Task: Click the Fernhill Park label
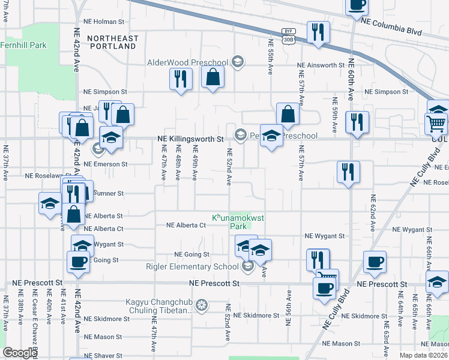(x=23, y=45)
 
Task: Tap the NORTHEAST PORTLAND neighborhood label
(x=112, y=42)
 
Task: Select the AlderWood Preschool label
(x=188, y=62)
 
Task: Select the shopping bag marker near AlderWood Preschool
(x=212, y=77)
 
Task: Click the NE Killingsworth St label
(x=190, y=139)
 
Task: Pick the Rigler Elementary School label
(x=192, y=266)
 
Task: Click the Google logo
(x=20, y=353)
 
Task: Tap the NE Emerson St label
(x=106, y=164)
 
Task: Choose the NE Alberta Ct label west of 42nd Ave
(x=103, y=229)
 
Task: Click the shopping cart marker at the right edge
(x=436, y=124)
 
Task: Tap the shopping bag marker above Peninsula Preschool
(x=288, y=113)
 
